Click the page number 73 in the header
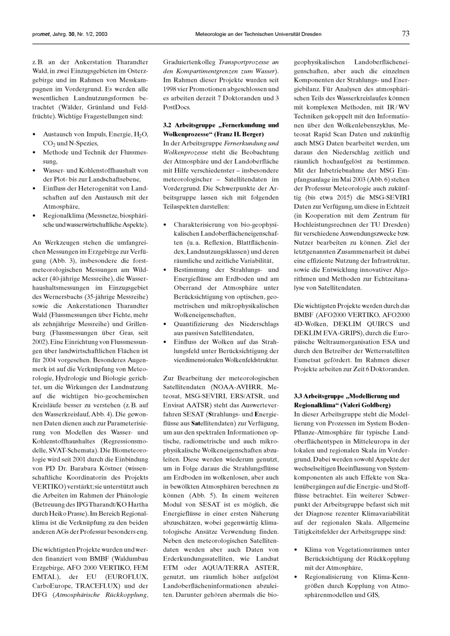[405, 34]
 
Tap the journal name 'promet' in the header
[40, 34]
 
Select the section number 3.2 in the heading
[168, 125]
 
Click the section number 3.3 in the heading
[298, 396]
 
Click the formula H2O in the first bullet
[139, 134]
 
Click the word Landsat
[268, 558]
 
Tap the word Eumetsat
[308, 360]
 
